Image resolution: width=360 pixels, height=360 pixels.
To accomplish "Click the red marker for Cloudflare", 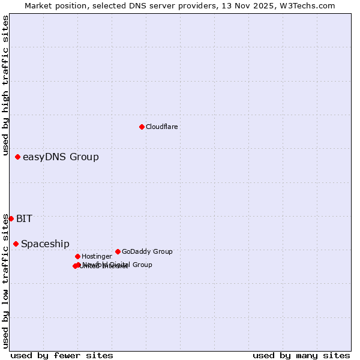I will [142, 127].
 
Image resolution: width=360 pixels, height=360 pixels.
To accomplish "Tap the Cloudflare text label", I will [161, 127].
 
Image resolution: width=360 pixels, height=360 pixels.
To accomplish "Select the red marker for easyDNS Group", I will [18, 157].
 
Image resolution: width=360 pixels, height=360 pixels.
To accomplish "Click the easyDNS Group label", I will [61, 157].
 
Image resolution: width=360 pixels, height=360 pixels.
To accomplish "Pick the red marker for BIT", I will [11, 218].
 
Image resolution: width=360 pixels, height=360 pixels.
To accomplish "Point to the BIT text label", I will [24, 219].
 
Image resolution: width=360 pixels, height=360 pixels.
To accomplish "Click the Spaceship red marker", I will [16, 244].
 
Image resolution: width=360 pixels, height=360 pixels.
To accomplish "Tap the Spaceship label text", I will [45, 244].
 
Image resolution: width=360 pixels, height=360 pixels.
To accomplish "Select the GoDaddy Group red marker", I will [118, 251].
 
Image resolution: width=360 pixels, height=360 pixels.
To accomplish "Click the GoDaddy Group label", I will [147, 252].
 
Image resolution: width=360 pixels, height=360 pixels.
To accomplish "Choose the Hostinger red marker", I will [77, 256].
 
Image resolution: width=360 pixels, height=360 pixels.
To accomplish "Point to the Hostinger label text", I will [97, 257].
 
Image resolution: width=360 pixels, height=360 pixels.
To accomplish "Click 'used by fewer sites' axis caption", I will [62, 355].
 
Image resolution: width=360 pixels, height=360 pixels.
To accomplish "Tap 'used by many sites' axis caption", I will [301, 355].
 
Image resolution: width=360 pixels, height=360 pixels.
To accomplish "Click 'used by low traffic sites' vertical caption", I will [5, 281].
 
